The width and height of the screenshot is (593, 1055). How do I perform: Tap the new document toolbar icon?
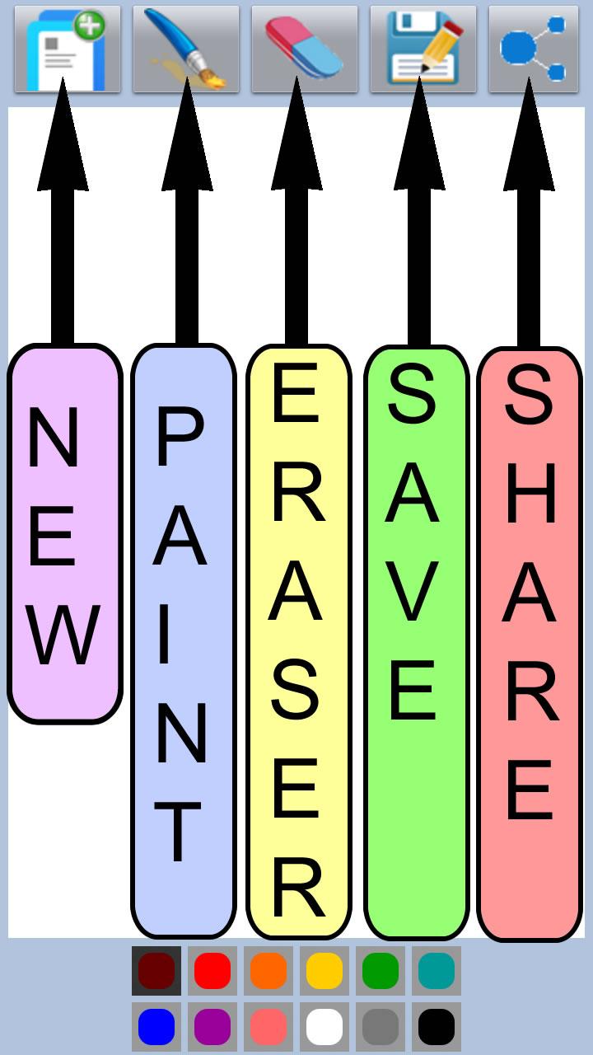68,49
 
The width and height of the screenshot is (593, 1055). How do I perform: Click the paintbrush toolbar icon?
186,49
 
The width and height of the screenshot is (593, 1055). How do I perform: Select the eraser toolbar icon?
305,49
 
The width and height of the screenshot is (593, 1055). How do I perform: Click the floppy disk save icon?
423,49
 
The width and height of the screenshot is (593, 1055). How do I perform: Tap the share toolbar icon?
534,49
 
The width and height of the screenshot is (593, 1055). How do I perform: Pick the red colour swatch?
212,971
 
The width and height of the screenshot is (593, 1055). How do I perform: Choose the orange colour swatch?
268,971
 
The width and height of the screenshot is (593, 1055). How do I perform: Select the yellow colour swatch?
325,971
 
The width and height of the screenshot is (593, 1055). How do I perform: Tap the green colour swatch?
381,971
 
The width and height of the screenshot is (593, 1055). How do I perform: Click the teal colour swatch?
437,971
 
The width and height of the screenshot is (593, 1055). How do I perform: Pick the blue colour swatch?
156,1027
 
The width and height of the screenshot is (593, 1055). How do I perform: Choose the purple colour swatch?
212,1027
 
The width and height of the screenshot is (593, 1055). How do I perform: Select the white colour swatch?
325,1027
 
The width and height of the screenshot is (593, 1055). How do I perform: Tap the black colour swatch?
437,1027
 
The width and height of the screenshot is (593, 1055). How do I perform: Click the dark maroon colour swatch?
156,971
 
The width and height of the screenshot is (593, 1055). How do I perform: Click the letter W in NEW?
63,635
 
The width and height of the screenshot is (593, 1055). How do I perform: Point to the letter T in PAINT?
177,832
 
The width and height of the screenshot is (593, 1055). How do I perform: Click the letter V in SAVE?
413,591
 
